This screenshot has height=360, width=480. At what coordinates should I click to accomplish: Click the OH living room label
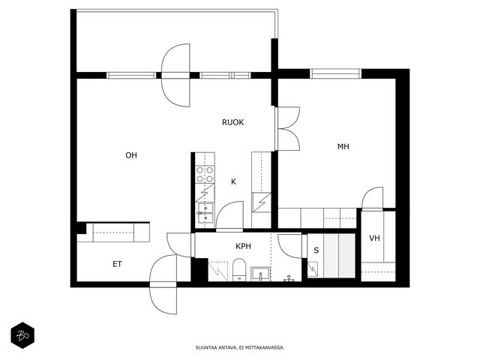pos(131,155)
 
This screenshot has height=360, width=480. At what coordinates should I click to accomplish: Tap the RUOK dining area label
pos(233,122)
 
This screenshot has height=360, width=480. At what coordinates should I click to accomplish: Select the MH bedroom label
pos(343,147)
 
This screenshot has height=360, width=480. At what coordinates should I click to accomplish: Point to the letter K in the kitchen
pos(233,181)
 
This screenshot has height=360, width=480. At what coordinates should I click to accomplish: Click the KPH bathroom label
pos(243,246)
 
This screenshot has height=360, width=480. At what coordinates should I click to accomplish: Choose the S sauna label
pos(316,250)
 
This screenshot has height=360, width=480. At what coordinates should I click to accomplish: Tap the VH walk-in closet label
pos(374,238)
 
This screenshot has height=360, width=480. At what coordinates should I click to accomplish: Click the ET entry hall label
pos(117,264)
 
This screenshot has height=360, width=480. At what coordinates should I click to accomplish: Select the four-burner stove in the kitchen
pos(205,175)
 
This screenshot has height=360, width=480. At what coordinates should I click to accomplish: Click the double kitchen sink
pos(205,213)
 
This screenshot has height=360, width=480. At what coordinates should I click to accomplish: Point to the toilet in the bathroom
pos(239,270)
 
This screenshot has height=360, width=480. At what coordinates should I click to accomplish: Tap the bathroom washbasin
pos(260,274)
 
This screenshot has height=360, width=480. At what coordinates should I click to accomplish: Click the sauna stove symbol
pos(313,269)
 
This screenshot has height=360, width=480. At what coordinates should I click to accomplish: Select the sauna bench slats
pos(339,256)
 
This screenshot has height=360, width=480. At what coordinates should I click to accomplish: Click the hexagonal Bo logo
pos(22,335)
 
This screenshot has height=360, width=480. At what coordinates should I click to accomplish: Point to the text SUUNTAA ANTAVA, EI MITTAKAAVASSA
pos(240,348)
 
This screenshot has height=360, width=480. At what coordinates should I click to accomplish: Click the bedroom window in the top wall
pos(335,73)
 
